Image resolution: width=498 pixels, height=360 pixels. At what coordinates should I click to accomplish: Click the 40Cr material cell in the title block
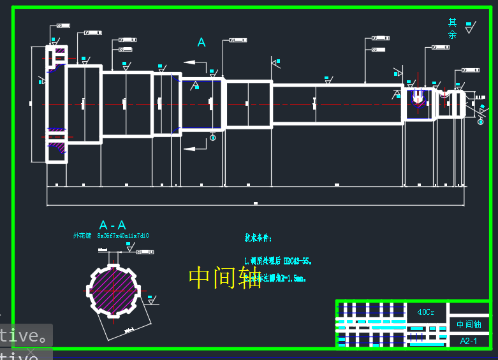click(x=425, y=312)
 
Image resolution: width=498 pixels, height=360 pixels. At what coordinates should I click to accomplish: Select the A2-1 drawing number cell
click(x=469, y=341)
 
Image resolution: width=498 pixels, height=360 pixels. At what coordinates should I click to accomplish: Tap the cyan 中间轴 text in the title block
click(x=469, y=324)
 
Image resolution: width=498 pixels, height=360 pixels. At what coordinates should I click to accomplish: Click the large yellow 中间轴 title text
click(x=225, y=277)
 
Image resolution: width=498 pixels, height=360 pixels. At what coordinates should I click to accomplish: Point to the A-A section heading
click(x=112, y=225)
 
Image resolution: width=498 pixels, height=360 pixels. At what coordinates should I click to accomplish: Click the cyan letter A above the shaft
click(x=201, y=43)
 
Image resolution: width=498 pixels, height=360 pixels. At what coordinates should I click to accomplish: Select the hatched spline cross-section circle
click(x=114, y=289)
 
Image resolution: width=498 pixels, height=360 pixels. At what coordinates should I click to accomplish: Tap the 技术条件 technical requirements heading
click(x=258, y=238)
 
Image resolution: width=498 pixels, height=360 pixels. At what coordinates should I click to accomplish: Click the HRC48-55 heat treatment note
click(x=279, y=261)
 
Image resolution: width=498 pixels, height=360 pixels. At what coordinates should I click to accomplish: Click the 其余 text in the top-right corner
click(x=452, y=29)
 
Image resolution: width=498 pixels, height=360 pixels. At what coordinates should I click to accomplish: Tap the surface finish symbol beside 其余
click(x=470, y=27)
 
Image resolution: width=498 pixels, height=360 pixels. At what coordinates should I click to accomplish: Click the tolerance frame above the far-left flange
click(x=62, y=26)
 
